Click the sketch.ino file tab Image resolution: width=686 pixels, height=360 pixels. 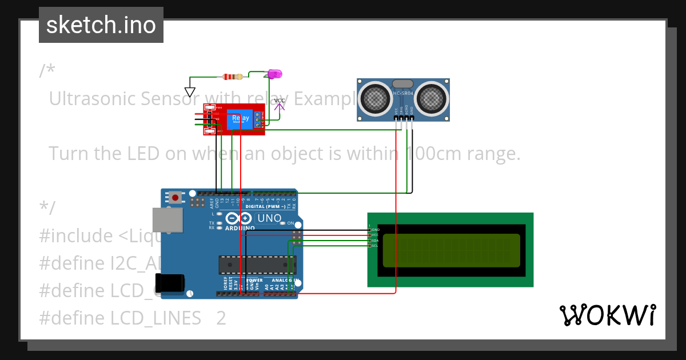(101, 25)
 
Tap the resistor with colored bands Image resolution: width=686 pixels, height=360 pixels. (232, 77)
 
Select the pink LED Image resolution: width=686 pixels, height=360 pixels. (275, 74)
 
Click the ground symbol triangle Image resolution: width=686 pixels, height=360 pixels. (190, 92)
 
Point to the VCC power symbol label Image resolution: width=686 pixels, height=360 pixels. (279, 101)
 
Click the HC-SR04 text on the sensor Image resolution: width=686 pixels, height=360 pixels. (404, 93)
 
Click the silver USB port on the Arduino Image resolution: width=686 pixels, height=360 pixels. (167, 220)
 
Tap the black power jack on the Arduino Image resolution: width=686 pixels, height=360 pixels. (170, 283)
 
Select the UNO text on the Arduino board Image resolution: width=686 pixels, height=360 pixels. (269, 218)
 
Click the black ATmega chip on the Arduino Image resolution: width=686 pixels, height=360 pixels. (257, 265)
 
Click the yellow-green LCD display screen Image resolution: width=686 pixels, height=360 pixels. (451, 250)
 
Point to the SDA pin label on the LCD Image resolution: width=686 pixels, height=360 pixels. (375, 241)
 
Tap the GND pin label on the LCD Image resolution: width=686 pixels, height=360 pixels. (375, 229)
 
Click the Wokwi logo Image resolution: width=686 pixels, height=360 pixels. (607, 315)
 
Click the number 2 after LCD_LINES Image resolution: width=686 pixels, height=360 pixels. (221, 318)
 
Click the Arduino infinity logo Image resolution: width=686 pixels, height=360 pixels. (238, 218)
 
